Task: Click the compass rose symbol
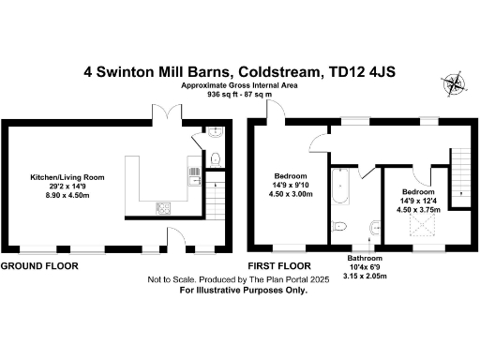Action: (x=456, y=83)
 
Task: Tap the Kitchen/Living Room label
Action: (x=67, y=177)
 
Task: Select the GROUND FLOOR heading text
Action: (x=38, y=266)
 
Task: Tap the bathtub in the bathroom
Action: (x=342, y=190)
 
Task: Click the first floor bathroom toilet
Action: (x=340, y=228)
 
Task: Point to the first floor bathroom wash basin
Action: (x=375, y=226)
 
